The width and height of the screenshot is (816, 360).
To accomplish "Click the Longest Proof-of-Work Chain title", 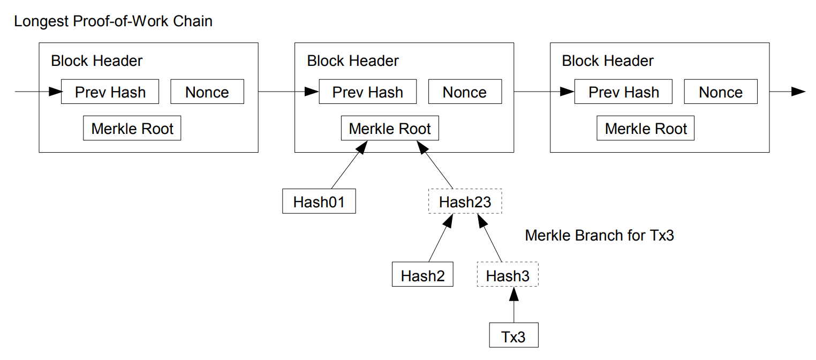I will tap(113, 21).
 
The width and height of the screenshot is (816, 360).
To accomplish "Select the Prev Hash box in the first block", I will tap(110, 92).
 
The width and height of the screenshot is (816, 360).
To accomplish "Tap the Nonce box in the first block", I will tap(207, 92).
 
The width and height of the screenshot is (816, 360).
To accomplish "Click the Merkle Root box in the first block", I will tap(132, 129).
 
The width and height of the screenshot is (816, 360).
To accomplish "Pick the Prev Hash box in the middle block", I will tap(368, 92).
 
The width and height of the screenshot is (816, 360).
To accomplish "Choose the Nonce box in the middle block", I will tap(465, 92).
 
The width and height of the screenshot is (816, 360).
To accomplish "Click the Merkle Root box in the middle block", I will tap(390, 129).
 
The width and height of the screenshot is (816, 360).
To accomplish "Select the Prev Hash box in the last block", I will tap(623, 92).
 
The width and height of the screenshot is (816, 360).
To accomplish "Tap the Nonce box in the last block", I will tap(721, 92).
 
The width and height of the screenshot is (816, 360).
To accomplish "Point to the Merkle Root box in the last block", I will tap(646, 129).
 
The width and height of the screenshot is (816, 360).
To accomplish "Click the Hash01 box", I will tap(319, 202).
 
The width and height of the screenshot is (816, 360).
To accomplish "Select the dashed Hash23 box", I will tap(465, 202).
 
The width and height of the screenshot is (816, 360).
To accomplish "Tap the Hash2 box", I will tap(422, 275).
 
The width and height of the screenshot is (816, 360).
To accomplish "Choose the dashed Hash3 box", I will tap(507, 275).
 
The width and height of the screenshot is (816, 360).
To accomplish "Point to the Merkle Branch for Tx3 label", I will tap(599, 236).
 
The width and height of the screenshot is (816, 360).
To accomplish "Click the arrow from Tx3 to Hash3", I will tap(513, 305).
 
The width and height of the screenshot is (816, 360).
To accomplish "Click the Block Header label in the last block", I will tap(608, 61).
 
